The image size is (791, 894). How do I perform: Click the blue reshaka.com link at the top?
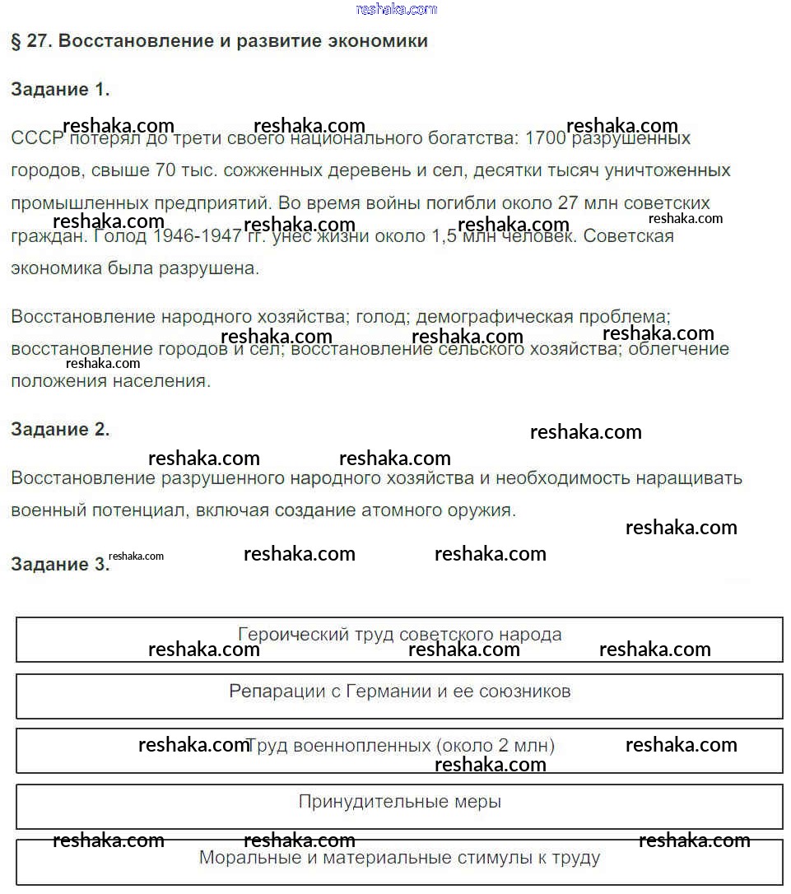396,9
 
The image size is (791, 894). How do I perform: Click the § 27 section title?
219,41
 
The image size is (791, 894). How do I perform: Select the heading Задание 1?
60,90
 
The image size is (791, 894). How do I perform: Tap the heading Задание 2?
60,429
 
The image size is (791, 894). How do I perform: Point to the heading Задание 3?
60,564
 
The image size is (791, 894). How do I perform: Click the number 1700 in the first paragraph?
545,137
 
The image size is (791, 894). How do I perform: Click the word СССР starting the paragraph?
36,137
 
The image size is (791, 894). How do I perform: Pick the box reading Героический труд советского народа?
399,639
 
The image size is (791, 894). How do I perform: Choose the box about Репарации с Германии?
399,696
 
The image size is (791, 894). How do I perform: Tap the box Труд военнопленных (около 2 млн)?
399,750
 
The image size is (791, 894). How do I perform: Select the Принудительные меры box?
399,806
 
